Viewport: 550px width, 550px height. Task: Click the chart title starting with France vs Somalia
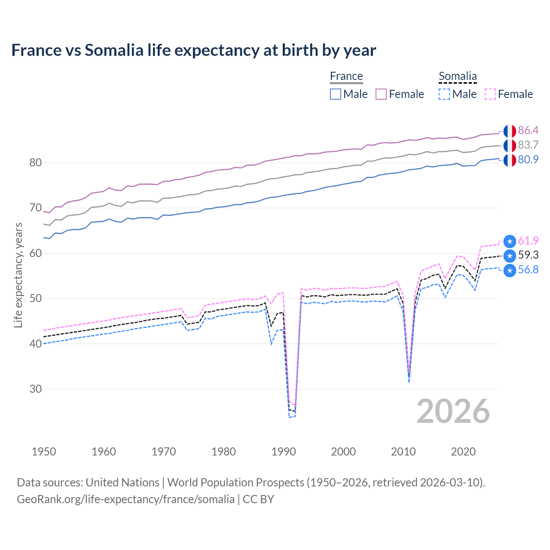pyautogui.click(x=193, y=50)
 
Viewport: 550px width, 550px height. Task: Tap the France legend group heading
pyautogui.click(x=346, y=76)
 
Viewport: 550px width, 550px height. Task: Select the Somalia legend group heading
pyautogui.click(x=458, y=76)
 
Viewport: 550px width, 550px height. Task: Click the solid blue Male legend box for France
pyautogui.click(x=336, y=94)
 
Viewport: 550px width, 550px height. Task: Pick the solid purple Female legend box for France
pyautogui.click(x=381, y=94)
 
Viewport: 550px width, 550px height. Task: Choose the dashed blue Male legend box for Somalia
pyautogui.click(x=444, y=94)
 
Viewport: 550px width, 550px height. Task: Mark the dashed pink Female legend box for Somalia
pyautogui.click(x=490, y=94)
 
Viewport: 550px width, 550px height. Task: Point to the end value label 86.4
pyautogui.click(x=528, y=131)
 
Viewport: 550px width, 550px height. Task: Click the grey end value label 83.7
pyautogui.click(x=528, y=145)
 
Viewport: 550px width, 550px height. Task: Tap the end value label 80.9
pyautogui.click(x=528, y=160)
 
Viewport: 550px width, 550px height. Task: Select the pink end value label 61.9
pyautogui.click(x=528, y=241)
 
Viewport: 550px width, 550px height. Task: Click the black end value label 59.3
pyautogui.click(x=528, y=255)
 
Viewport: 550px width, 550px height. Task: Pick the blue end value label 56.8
pyautogui.click(x=528, y=270)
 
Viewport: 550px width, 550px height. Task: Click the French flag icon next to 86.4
pyautogui.click(x=510, y=131)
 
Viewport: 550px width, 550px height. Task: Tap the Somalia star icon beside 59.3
pyautogui.click(x=510, y=256)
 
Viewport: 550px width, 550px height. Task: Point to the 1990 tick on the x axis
pyautogui.click(x=284, y=452)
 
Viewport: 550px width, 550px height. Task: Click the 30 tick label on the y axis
pyautogui.click(x=36, y=389)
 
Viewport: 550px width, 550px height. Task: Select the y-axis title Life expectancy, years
pyautogui.click(x=18, y=275)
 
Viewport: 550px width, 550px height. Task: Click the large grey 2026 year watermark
pyautogui.click(x=453, y=412)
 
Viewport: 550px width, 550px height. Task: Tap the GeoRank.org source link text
pyautogui.click(x=125, y=499)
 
